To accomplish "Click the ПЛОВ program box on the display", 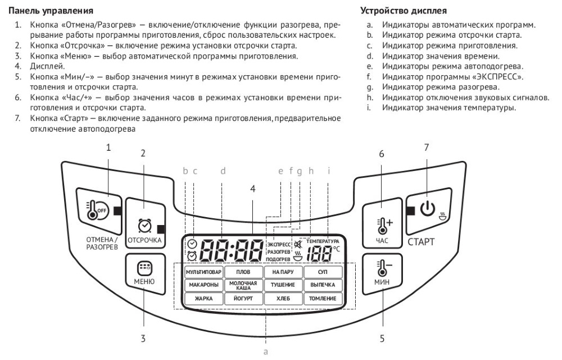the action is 243,272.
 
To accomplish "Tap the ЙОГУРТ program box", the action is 243,298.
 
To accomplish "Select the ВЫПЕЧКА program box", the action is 323,285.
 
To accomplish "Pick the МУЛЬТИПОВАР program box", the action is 203,272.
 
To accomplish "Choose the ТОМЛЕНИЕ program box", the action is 323,298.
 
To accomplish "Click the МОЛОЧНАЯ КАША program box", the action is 243,285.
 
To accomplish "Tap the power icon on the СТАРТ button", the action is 428,208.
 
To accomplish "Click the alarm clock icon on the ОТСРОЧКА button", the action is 145,226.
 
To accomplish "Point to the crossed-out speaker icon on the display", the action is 298,245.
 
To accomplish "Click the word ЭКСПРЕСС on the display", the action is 279,245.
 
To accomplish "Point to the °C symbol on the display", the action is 336,249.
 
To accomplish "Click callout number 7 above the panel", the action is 426,147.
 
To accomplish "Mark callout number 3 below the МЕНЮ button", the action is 143,339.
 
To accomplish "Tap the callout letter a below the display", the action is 266,352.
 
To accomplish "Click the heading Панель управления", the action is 51,11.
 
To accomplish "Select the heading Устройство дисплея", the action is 404,11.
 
